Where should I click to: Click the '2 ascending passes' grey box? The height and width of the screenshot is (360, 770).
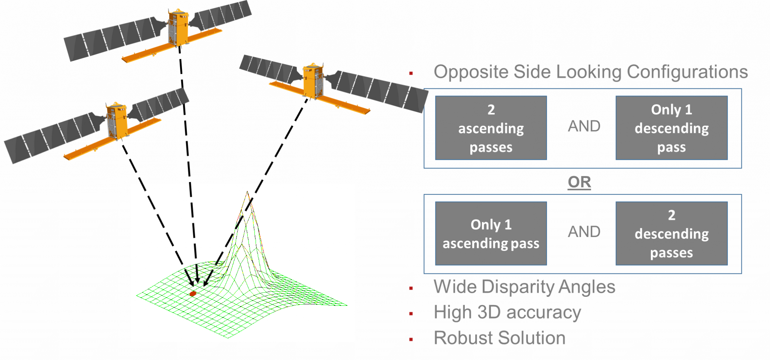(x=491, y=128)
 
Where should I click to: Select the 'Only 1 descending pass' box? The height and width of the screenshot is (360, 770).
(x=671, y=128)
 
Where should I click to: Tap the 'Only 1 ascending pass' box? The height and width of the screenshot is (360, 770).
(x=491, y=234)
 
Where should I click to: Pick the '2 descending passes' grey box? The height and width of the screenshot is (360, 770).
(x=671, y=234)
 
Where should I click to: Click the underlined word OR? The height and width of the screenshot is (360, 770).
(x=579, y=182)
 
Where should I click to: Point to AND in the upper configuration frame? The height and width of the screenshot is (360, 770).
(x=584, y=126)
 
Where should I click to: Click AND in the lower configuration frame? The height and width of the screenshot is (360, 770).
(x=584, y=232)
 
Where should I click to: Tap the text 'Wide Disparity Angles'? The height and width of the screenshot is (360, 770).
(x=524, y=287)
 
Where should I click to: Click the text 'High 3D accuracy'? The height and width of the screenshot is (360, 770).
(x=507, y=312)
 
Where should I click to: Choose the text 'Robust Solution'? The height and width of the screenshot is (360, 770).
(x=499, y=338)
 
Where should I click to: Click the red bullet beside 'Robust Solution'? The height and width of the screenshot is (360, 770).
(x=411, y=339)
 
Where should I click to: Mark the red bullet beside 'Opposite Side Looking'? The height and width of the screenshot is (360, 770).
(x=411, y=73)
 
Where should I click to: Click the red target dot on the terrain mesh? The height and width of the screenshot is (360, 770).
(x=193, y=293)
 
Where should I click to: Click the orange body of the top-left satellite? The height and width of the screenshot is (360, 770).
(x=178, y=28)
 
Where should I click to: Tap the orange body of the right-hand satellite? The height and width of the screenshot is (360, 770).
(x=313, y=81)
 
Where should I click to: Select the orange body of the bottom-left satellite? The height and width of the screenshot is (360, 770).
(x=116, y=120)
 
